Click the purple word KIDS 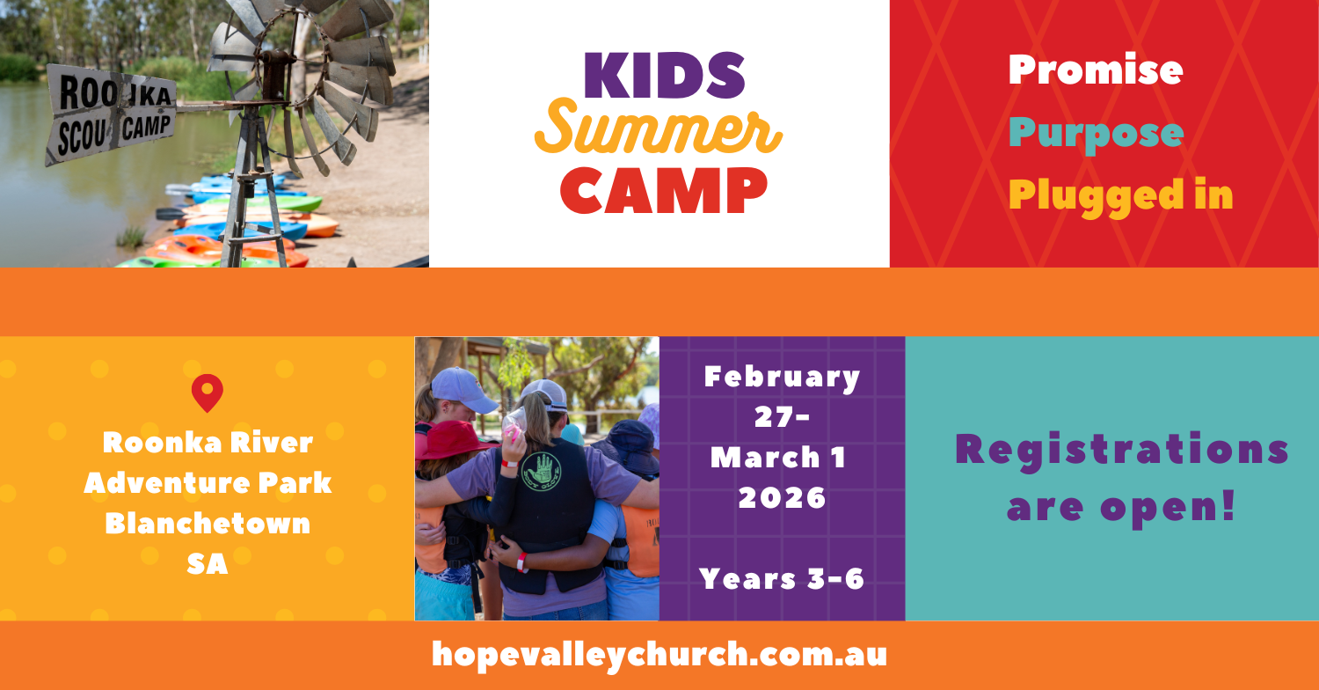(664, 76)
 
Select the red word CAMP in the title (664, 190)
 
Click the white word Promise (1096, 70)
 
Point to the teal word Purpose (1096, 135)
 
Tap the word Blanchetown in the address (208, 523)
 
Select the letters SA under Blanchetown (208, 564)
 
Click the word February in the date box (782, 378)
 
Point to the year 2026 (782, 498)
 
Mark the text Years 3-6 (782, 578)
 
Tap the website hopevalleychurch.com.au (659, 655)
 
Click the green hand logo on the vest (541, 472)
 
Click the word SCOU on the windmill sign (82, 138)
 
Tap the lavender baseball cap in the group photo (463, 389)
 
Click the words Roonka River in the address (208, 443)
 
